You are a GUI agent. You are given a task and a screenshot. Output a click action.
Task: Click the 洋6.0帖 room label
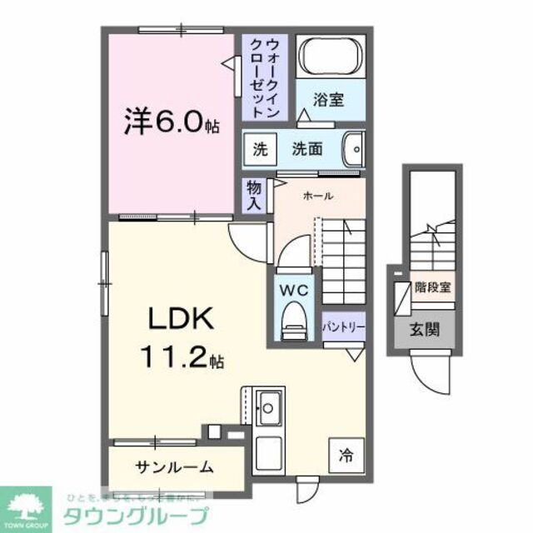[173, 124]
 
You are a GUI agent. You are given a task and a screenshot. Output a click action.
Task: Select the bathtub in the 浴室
[331, 57]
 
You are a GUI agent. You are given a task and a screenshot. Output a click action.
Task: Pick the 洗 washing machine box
[260, 150]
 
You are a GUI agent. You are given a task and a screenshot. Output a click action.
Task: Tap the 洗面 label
[306, 150]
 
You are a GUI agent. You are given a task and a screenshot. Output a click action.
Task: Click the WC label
[294, 291]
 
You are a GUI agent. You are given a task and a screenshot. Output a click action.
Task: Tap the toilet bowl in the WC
[294, 319]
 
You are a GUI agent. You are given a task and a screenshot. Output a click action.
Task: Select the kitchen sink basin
[269, 408]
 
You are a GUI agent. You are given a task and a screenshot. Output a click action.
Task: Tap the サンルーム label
[174, 466]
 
